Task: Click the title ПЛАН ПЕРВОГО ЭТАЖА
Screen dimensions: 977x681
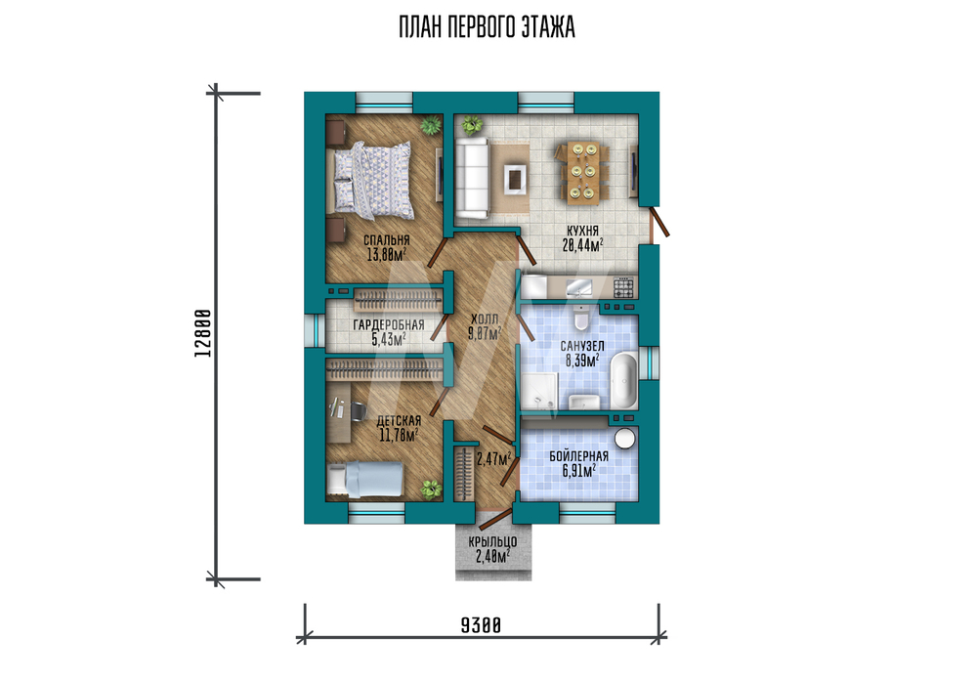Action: click(487, 27)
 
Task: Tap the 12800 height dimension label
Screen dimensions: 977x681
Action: click(203, 333)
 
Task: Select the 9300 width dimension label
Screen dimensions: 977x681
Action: click(481, 625)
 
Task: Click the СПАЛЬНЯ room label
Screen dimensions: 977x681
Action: click(386, 240)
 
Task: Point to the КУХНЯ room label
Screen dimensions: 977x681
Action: click(582, 232)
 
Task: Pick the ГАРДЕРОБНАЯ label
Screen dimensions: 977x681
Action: click(389, 325)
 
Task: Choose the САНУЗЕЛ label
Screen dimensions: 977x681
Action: click(582, 346)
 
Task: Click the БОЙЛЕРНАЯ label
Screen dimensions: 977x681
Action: click(578, 456)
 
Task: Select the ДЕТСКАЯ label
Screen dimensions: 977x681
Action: click(399, 421)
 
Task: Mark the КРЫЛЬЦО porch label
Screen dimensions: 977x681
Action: click(492, 542)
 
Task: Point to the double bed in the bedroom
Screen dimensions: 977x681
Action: click(372, 180)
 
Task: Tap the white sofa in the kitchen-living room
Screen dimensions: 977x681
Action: click(472, 178)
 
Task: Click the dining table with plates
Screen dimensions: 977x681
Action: click(584, 173)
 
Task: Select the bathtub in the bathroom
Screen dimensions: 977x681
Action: click(623, 381)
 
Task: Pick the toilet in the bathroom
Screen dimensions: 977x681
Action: click(580, 318)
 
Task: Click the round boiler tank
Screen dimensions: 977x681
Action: click(625, 438)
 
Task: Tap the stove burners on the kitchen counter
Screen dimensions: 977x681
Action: click(623, 287)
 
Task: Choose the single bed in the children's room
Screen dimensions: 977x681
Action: click(365, 480)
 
